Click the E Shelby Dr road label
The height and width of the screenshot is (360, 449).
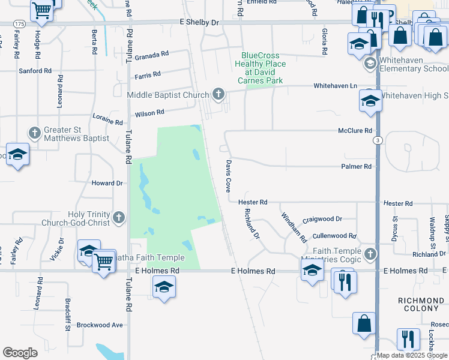coord(199,22)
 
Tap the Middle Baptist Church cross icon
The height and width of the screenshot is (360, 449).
coord(218,94)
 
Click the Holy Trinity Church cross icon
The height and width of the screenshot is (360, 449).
coord(119,217)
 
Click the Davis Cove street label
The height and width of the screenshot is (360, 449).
coord(228,176)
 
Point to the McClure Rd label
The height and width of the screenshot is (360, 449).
coord(355,130)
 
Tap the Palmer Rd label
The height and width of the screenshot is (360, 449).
coord(356,166)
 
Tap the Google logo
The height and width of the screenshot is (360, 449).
coord(20,353)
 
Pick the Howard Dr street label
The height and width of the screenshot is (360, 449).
coord(107,183)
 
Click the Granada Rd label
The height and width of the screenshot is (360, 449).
coord(151,56)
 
